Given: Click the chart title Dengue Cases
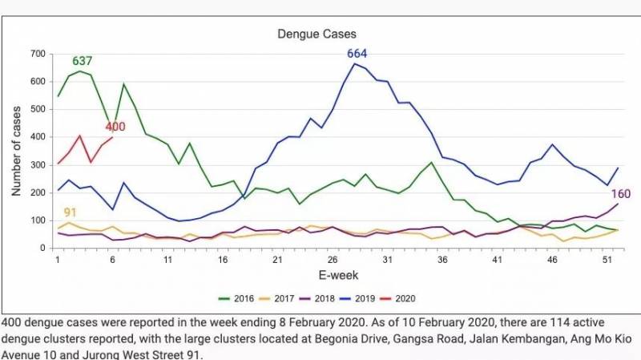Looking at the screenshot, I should point(316,34).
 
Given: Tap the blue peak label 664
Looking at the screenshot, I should point(357,54).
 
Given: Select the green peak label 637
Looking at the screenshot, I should point(83,61).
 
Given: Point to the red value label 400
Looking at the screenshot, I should point(115,127).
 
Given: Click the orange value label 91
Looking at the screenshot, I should point(71,212).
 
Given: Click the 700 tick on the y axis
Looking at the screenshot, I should point(36,54).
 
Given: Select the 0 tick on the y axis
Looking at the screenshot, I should point(42,249).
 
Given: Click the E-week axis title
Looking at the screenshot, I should point(332,277).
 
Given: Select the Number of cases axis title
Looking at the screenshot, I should point(16,149).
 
